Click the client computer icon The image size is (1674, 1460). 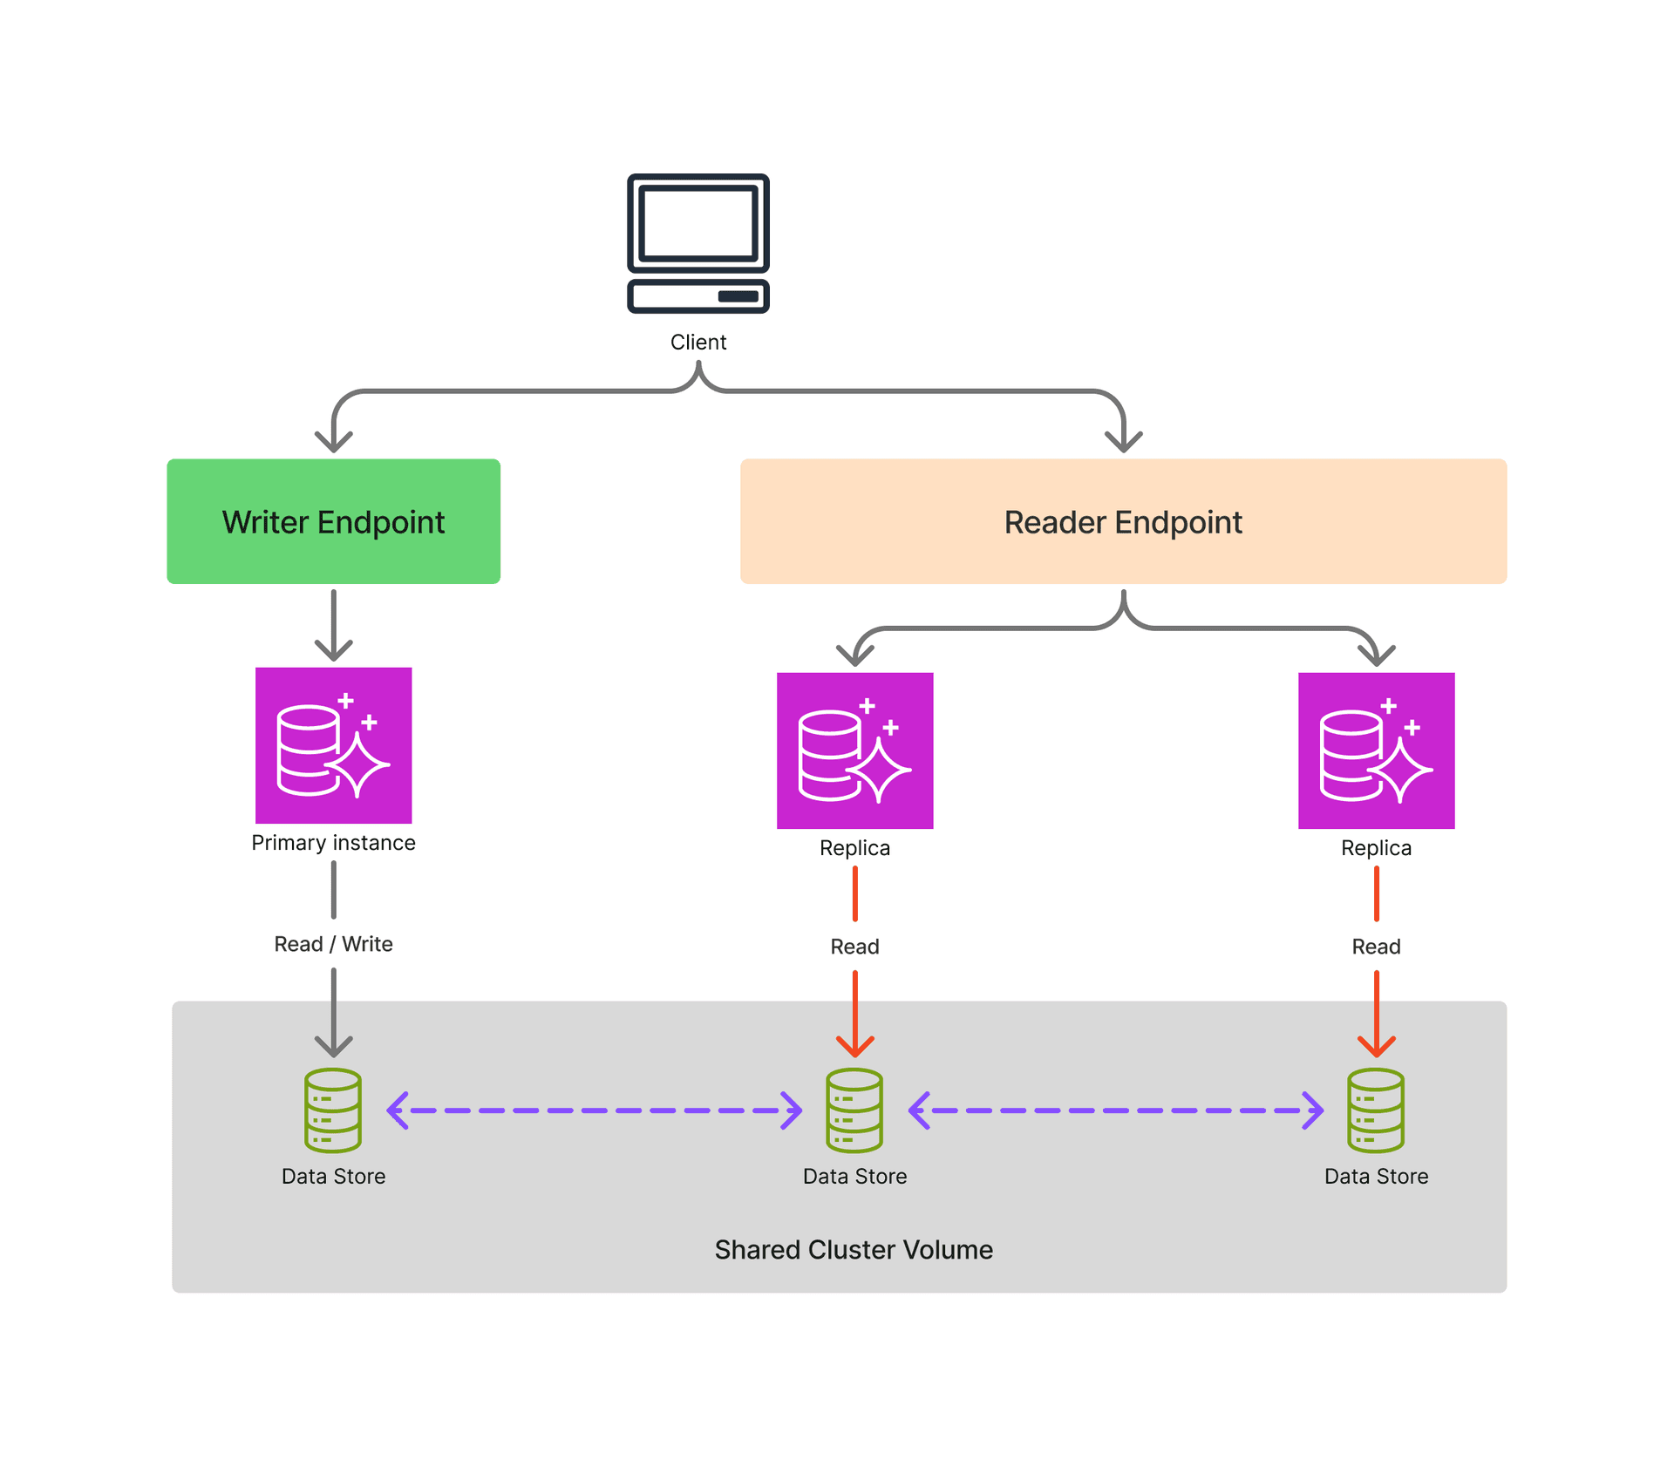coord(697,243)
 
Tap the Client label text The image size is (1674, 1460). coord(697,343)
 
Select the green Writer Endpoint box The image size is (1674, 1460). coord(333,521)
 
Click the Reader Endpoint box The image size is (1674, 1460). coord(1123,521)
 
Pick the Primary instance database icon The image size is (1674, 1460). coord(333,745)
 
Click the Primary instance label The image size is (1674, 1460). coord(333,843)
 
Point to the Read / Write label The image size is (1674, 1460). coord(333,944)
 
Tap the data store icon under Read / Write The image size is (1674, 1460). coord(333,1110)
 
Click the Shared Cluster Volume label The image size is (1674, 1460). coord(854,1250)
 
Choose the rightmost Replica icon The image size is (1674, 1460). coord(1376,750)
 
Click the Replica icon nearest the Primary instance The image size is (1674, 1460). coord(854,750)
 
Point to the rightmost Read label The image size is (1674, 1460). coord(1376,947)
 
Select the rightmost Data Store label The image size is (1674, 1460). coord(1376,1177)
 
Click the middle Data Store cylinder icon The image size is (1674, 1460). coord(854,1110)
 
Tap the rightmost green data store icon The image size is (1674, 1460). coord(1376,1110)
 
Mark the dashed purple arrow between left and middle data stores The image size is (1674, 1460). coord(594,1110)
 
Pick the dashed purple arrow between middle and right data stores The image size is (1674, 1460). coord(1115,1110)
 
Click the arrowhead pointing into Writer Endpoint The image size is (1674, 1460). coord(333,441)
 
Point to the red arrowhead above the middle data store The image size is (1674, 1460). coord(854,1046)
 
